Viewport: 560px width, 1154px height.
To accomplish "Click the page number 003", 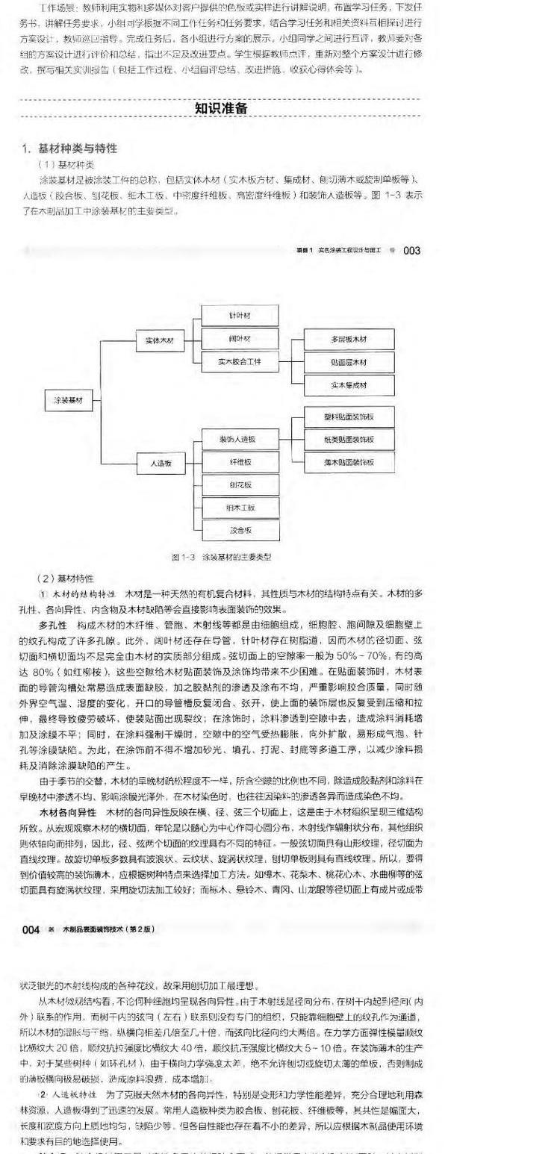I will click(x=412, y=251).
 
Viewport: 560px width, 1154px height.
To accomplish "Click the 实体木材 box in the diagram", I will click(x=159, y=340).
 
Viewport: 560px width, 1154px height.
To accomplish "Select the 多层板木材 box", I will click(x=349, y=339).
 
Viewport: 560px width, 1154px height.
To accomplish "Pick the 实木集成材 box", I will click(x=349, y=385).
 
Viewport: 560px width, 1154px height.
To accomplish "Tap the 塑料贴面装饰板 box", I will click(x=349, y=416).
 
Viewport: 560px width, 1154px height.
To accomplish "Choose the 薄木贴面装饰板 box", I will click(x=349, y=462).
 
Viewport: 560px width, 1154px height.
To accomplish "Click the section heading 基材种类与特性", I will click(x=75, y=148).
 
